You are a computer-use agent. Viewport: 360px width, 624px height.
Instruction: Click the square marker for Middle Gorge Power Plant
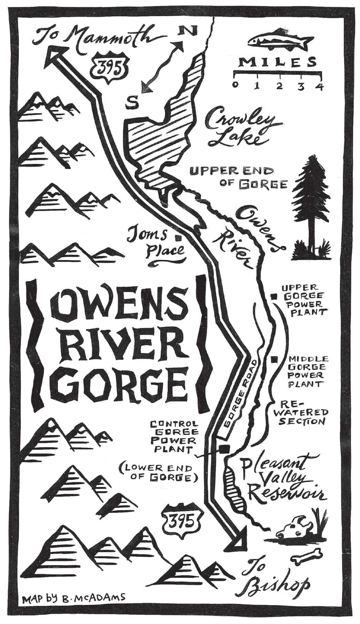275,360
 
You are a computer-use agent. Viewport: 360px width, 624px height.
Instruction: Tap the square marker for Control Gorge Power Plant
225,449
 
